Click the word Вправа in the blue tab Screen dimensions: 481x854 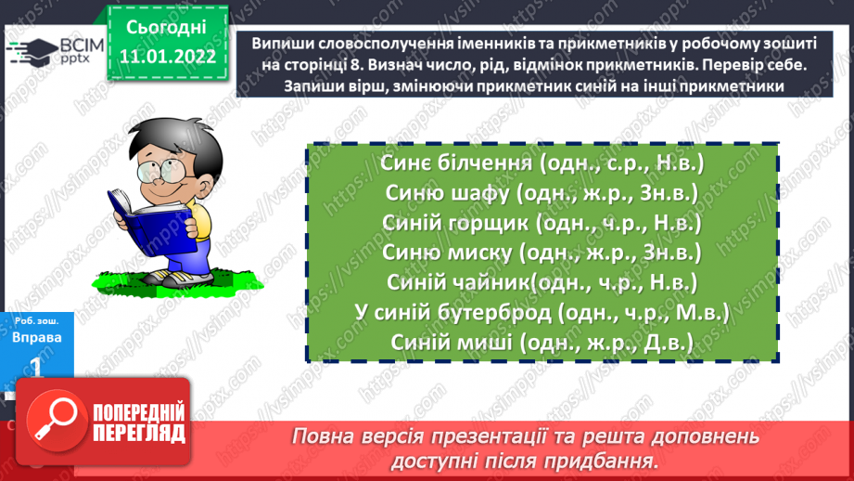click(x=38, y=338)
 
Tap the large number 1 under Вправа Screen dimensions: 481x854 click(x=37, y=368)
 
